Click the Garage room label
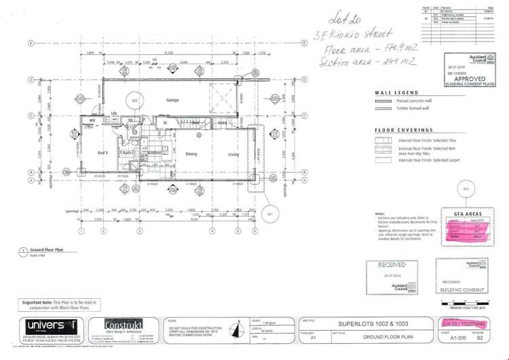172,100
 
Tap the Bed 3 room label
102,153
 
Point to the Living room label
234,154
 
